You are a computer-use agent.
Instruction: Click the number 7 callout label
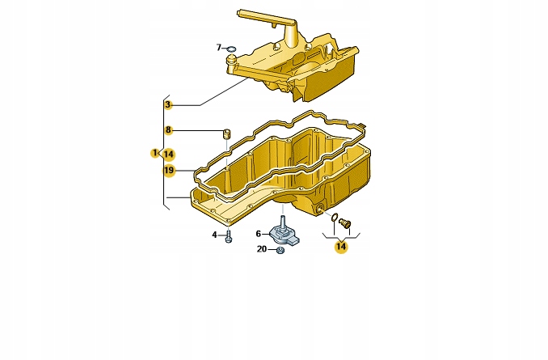click(219, 48)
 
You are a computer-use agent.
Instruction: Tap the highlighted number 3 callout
click(168, 104)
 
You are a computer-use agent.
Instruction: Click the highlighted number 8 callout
click(168, 129)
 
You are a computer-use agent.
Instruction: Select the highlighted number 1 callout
click(154, 153)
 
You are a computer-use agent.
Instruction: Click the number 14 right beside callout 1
click(168, 153)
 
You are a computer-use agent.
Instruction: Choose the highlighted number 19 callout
click(168, 170)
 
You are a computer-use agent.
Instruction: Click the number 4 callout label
click(215, 235)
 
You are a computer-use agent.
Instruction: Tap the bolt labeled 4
click(229, 236)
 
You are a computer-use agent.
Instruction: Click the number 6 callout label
click(259, 234)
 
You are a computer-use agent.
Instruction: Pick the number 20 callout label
click(262, 249)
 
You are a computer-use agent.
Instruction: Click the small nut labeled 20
click(279, 250)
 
